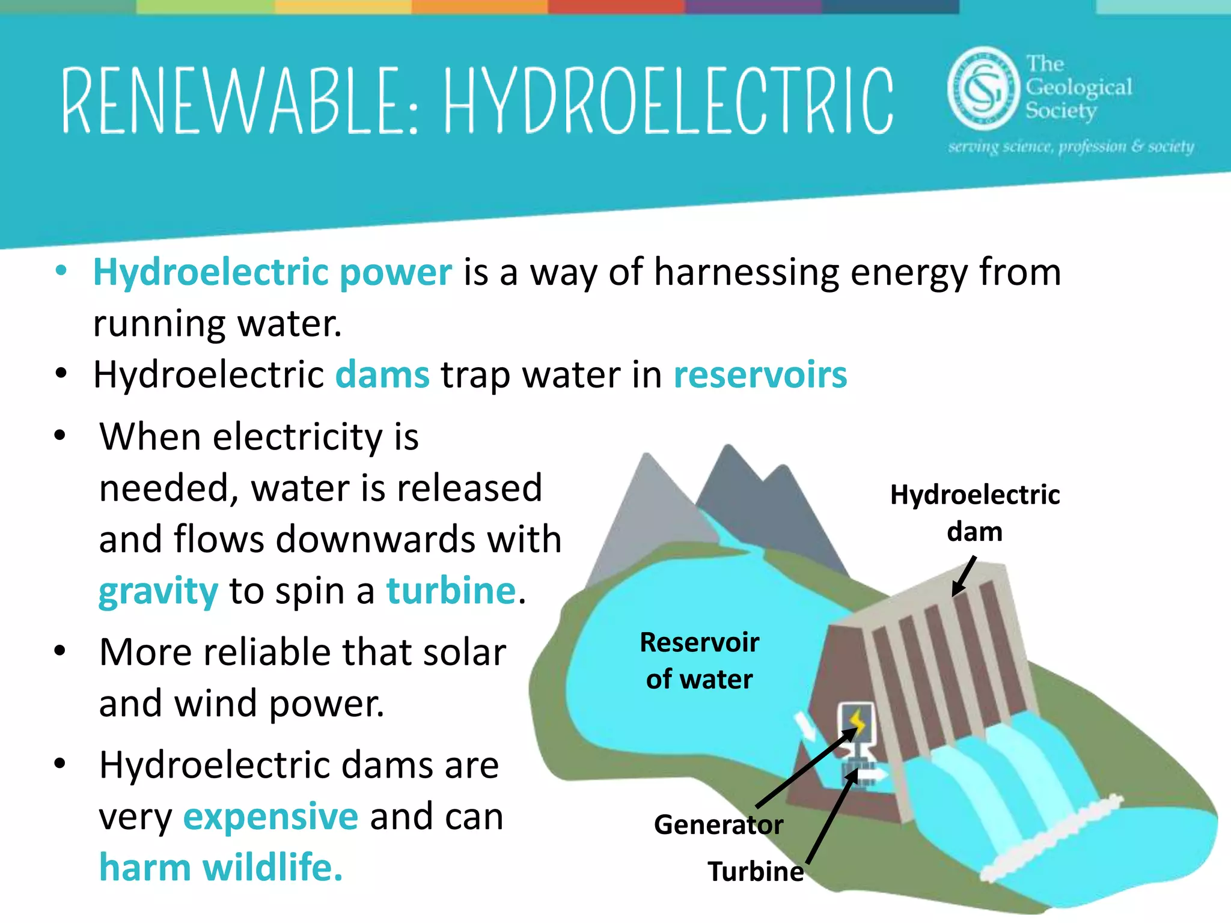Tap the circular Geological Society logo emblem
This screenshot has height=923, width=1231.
(x=983, y=88)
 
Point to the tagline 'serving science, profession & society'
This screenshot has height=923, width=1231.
(x=1071, y=147)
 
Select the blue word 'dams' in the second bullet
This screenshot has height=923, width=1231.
(x=382, y=375)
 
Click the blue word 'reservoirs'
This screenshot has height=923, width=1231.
(x=760, y=375)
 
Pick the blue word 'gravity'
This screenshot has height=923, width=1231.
(x=158, y=591)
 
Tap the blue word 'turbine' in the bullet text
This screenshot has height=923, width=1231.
(x=451, y=591)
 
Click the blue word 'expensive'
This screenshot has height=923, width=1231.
(x=270, y=817)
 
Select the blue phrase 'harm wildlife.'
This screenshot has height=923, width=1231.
(x=221, y=868)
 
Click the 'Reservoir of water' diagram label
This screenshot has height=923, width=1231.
(x=699, y=660)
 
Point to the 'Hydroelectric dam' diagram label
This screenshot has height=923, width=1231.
(x=974, y=513)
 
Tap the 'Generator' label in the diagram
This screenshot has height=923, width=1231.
(x=718, y=824)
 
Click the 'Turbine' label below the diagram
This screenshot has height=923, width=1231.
(x=756, y=871)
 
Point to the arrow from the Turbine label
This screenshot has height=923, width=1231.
(x=831, y=817)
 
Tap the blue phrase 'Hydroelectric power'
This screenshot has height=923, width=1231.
(x=272, y=272)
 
